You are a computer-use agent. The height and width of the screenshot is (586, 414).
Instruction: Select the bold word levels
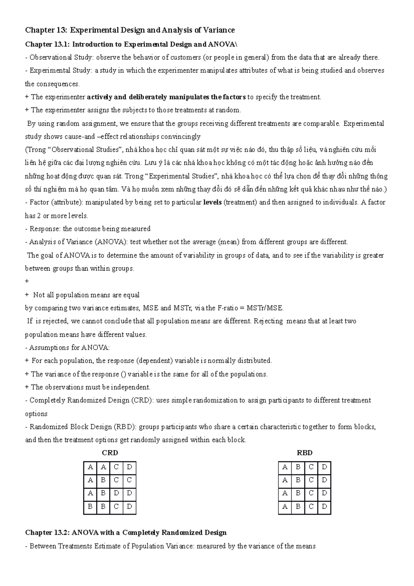tap(212, 203)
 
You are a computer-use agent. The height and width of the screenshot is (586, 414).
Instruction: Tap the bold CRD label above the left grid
tap(110, 453)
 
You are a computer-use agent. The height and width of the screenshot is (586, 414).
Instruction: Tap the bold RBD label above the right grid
tap(305, 453)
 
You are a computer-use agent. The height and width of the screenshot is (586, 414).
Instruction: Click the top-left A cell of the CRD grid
tap(90, 467)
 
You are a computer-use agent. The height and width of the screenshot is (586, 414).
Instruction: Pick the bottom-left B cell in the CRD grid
tap(90, 507)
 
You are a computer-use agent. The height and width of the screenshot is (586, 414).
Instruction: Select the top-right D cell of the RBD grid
tap(324, 467)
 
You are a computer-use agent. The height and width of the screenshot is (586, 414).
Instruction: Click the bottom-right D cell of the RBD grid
tap(324, 507)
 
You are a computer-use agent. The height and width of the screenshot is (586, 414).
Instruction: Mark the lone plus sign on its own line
tap(27, 282)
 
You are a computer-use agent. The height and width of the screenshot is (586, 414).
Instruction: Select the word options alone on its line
tap(36, 414)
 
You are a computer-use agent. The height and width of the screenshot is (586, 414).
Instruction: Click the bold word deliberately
tap(148, 97)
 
